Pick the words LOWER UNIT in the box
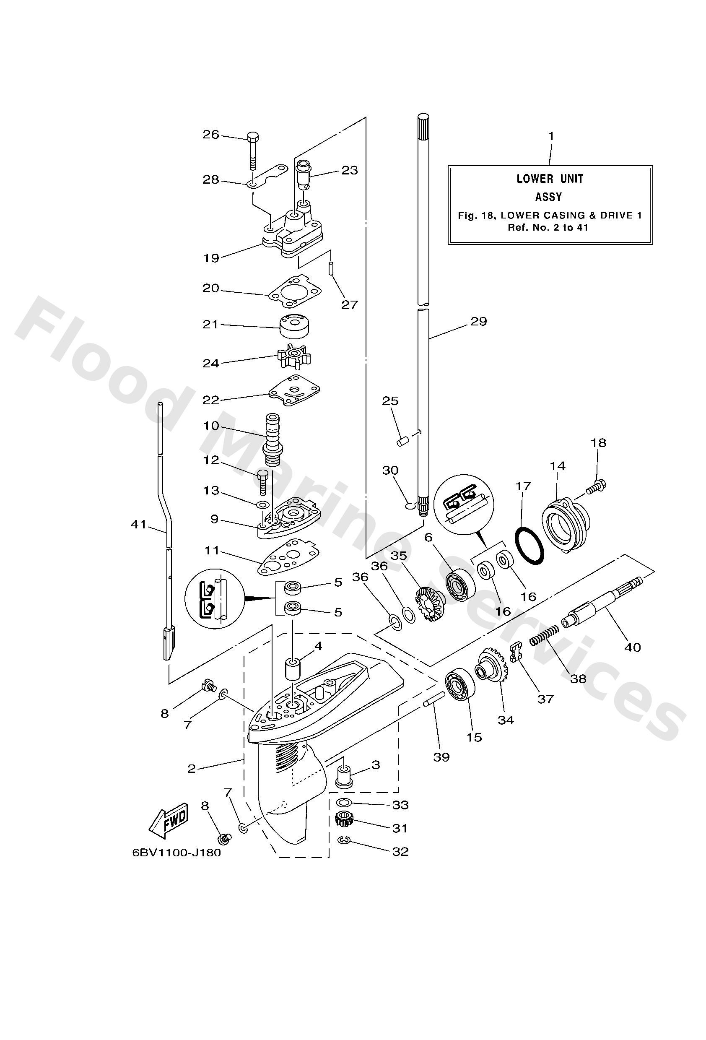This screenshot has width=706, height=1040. (x=550, y=179)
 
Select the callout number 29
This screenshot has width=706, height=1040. (x=479, y=321)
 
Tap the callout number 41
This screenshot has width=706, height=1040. (x=139, y=524)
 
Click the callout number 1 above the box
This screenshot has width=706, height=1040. (x=551, y=135)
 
